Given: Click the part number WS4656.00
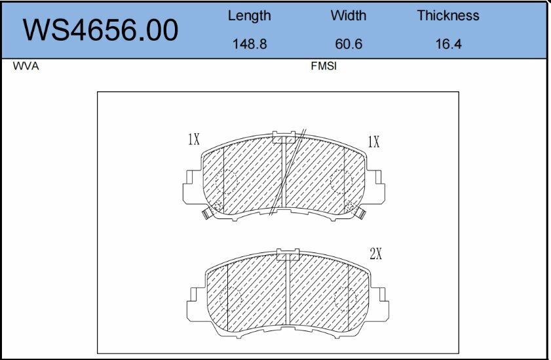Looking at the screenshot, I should [100, 30].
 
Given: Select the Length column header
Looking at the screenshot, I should [249, 16].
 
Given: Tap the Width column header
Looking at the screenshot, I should [348, 16].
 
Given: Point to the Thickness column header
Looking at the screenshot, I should [448, 16].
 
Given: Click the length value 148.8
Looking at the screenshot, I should [249, 45].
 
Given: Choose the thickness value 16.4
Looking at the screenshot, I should [449, 45].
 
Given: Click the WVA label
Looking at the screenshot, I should [26, 67].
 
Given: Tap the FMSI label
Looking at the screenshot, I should [324, 67].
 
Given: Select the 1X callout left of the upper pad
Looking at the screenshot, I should [193, 139].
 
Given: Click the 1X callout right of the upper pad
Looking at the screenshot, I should [373, 142].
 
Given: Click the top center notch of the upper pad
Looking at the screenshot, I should [284, 136].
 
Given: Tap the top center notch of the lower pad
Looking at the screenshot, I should [288, 254].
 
